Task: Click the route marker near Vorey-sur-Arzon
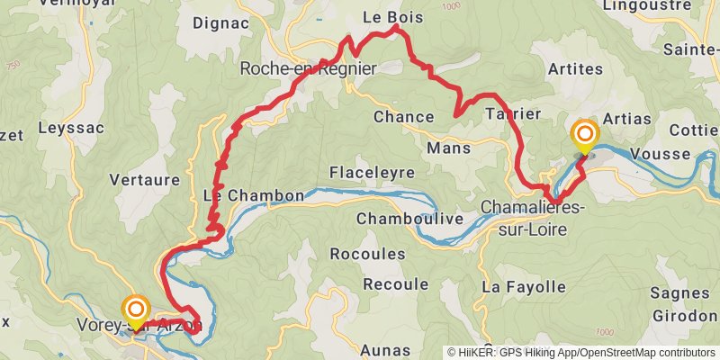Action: tap(136, 311)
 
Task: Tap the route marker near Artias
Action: tap(584, 137)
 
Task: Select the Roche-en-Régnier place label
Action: tap(308, 68)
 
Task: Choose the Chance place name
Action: tap(403, 116)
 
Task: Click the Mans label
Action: tap(449, 148)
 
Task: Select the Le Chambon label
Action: tap(241, 195)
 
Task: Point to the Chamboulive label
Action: tap(409, 219)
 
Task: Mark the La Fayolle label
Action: tap(524, 287)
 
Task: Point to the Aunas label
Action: tap(384, 349)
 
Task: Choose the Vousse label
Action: tap(660, 153)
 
